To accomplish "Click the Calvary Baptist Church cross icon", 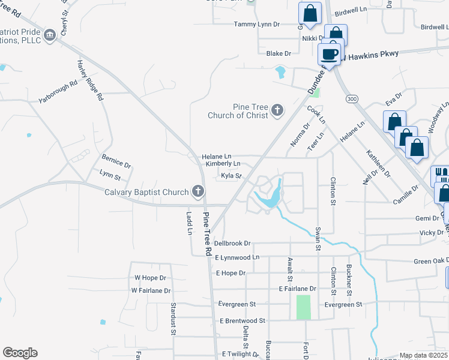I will (x=197, y=192).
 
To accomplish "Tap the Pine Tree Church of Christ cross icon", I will (x=277, y=110).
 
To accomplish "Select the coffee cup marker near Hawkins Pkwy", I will (x=330, y=55).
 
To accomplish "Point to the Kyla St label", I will (x=231, y=176).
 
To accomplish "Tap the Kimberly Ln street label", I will (x=223, y=163).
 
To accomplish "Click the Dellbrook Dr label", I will (x=232, y=244).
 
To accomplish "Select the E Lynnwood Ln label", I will (x=237, y=257).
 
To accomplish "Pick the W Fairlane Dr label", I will (x=151, y=290).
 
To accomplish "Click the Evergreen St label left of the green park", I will (x=237, y=305).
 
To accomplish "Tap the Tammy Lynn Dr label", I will (x=257, y=24).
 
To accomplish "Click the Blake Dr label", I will (x=279, y=53).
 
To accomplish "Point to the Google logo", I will (x=20, y=353).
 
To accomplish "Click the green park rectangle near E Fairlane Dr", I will (x=304, y=307).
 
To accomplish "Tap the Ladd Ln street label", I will (x=188, y=223).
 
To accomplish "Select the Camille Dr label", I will (x=406, y=188).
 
